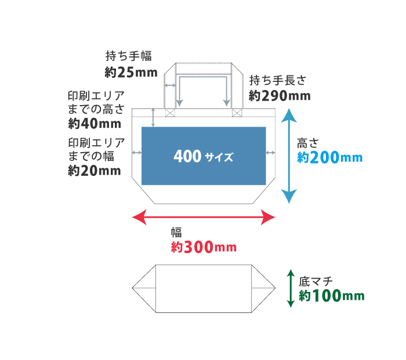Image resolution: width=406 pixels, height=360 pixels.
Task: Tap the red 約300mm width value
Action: [x=204, y=247]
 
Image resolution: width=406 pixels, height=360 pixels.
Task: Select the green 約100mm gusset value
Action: [x=332, y=296]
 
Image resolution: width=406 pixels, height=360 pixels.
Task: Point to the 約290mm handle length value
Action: [x=280, y=95]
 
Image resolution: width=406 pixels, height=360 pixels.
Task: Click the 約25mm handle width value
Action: [x=130, y=72]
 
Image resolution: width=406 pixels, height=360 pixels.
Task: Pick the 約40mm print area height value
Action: [x=95, y=123]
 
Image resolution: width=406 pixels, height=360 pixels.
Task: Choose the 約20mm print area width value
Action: [x=95, y=171]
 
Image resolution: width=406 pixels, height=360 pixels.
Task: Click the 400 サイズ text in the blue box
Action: [x=203, y=157]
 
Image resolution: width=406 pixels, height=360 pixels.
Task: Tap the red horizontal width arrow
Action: [x=204, y=218]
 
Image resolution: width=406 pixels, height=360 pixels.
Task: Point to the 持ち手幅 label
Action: [x=129, y=56]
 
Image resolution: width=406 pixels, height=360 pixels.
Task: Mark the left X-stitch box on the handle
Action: [x=170, y=113]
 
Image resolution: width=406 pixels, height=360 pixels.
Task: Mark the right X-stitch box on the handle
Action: [x=237, y=113]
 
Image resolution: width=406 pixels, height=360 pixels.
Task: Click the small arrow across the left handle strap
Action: [x=170, y=85]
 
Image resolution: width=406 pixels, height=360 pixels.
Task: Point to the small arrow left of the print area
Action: [x=137, y=153]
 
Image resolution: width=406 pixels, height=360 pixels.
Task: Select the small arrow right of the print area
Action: [x=270, y=153]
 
